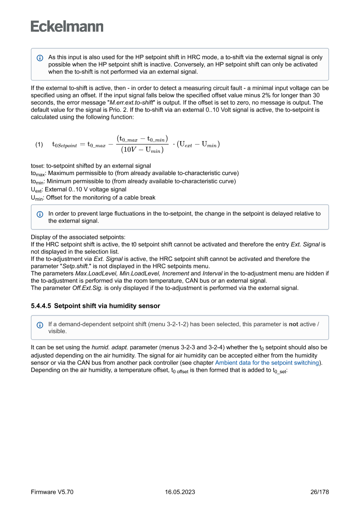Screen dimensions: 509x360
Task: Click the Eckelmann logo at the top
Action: click(x=67, y=27)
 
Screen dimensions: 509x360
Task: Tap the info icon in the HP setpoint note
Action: click(x=40, y=57)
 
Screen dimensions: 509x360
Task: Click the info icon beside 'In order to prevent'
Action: click(x=40, y=214)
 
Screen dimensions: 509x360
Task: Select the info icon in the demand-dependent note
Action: click(x=40, y=325)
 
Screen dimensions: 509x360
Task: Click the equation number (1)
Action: click(x=39, y=145)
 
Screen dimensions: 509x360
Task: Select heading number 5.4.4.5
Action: click(x=40, y=306)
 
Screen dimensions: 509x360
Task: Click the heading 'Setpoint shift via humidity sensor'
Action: click(x=107, y=306)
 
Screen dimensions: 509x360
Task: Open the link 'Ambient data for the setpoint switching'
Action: click(x=267, y=363)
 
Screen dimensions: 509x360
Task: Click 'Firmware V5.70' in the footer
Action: click(x=52, y=492)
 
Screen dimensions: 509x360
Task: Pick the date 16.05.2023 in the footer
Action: click(x=180, y=492)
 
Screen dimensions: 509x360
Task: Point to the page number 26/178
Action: click(x=320, y=492)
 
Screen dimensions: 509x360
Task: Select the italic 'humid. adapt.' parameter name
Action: click(x=109, y=347)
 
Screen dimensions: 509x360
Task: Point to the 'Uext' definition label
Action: click(x=36, y=189)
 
